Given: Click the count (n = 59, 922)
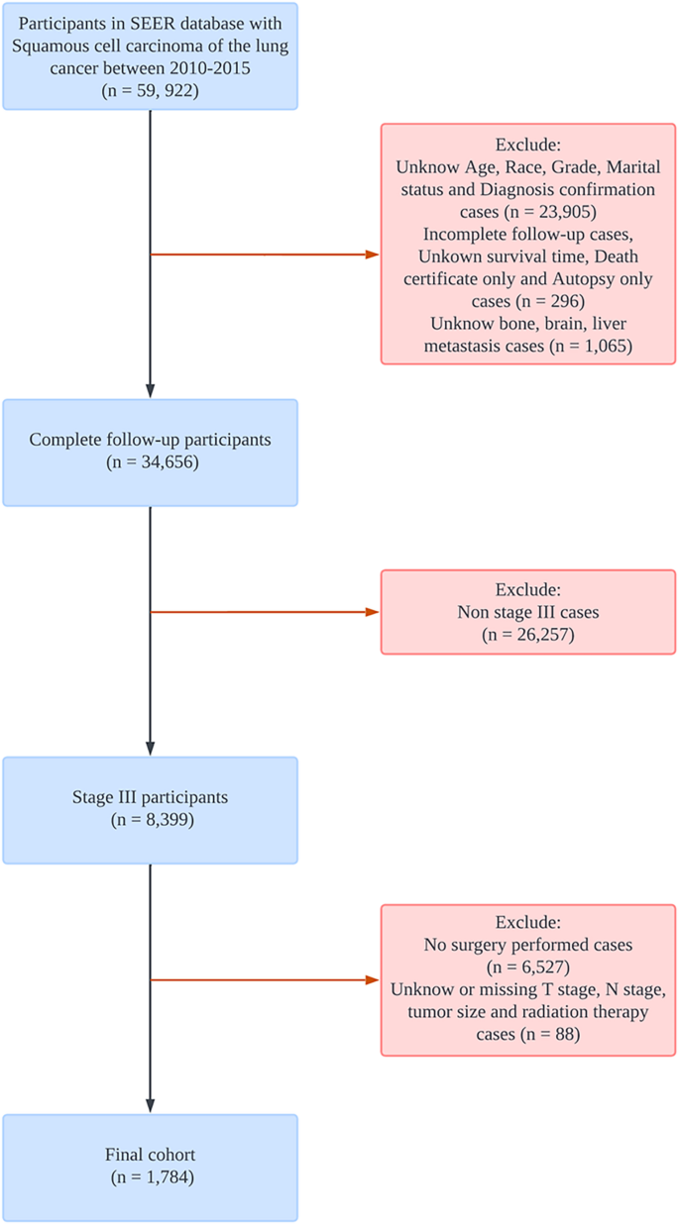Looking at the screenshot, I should (150, 90).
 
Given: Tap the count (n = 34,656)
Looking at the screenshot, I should (150, 461).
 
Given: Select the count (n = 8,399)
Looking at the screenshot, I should (150, 820).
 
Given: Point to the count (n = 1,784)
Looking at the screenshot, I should (150, 1177).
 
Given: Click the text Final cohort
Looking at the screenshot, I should (150, 1155).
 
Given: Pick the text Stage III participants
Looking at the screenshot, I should (150, 798).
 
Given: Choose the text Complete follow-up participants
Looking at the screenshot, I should (150, 440).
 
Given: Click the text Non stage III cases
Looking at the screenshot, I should (529, 612).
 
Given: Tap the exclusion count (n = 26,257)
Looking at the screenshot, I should (529, 634).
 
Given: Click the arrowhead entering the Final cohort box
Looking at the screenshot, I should (150, 1106).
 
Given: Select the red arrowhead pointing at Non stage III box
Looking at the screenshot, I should (373, 612).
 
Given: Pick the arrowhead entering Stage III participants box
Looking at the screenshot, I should (150, 749).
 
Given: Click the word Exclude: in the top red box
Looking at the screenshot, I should (529, 145).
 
